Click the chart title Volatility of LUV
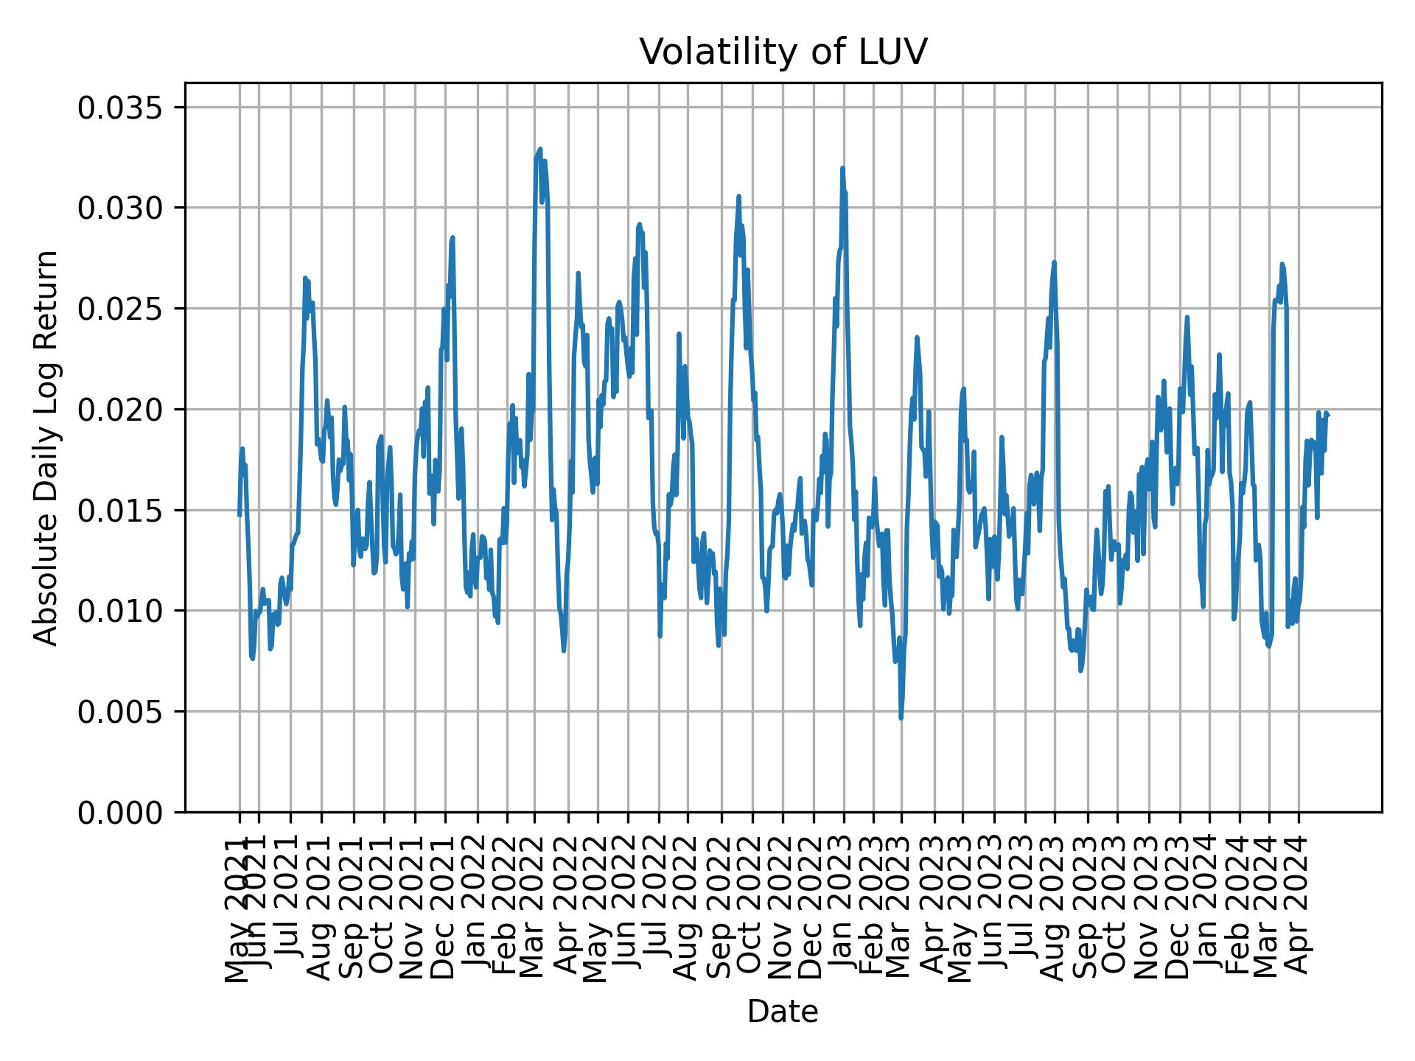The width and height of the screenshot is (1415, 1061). tap(782, 52)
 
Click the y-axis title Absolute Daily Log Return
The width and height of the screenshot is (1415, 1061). tap(47, 447)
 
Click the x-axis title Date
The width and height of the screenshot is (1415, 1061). tap(782, 1012)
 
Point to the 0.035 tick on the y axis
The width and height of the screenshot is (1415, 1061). tap(122, 108)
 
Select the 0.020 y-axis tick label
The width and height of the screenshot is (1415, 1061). tap(122, 410)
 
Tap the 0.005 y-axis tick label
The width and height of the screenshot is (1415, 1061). tap(122, 712)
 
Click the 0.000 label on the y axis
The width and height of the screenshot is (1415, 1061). tap(122, 812)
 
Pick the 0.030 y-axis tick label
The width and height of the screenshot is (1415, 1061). tap(122, 209)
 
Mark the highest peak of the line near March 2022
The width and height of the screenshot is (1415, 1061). tap(539, 149)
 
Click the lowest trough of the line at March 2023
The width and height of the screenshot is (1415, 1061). tap(901, 718)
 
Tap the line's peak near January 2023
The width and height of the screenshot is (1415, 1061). tap(842, 168)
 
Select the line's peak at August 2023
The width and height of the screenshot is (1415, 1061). tap(1055, 262)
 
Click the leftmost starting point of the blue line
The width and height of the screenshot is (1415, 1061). tap(239, 515)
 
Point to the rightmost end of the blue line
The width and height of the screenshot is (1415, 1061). tap(1328, 415)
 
